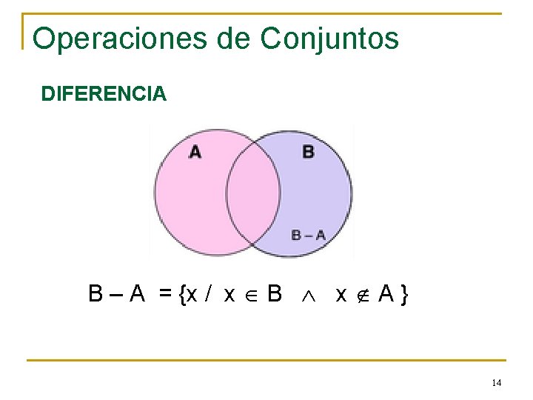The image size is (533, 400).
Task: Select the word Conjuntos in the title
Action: click(329, 39)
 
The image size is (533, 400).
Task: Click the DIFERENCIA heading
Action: click(104, 95)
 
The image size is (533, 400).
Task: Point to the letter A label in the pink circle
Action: click(195, 152)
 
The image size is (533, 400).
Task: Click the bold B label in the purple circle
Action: click(308, 152)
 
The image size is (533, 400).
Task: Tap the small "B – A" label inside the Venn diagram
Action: click(308, 235)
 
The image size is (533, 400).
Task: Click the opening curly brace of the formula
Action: click(181, 296)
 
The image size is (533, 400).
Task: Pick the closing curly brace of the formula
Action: click(403, 296)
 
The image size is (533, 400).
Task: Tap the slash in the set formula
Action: click(209, 295)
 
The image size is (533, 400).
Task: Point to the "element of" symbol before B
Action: click(252, 296)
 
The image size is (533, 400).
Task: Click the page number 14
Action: click(496, 382)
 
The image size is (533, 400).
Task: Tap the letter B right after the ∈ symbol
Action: click(274, 295)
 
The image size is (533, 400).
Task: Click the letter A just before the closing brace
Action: click(386, 295)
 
